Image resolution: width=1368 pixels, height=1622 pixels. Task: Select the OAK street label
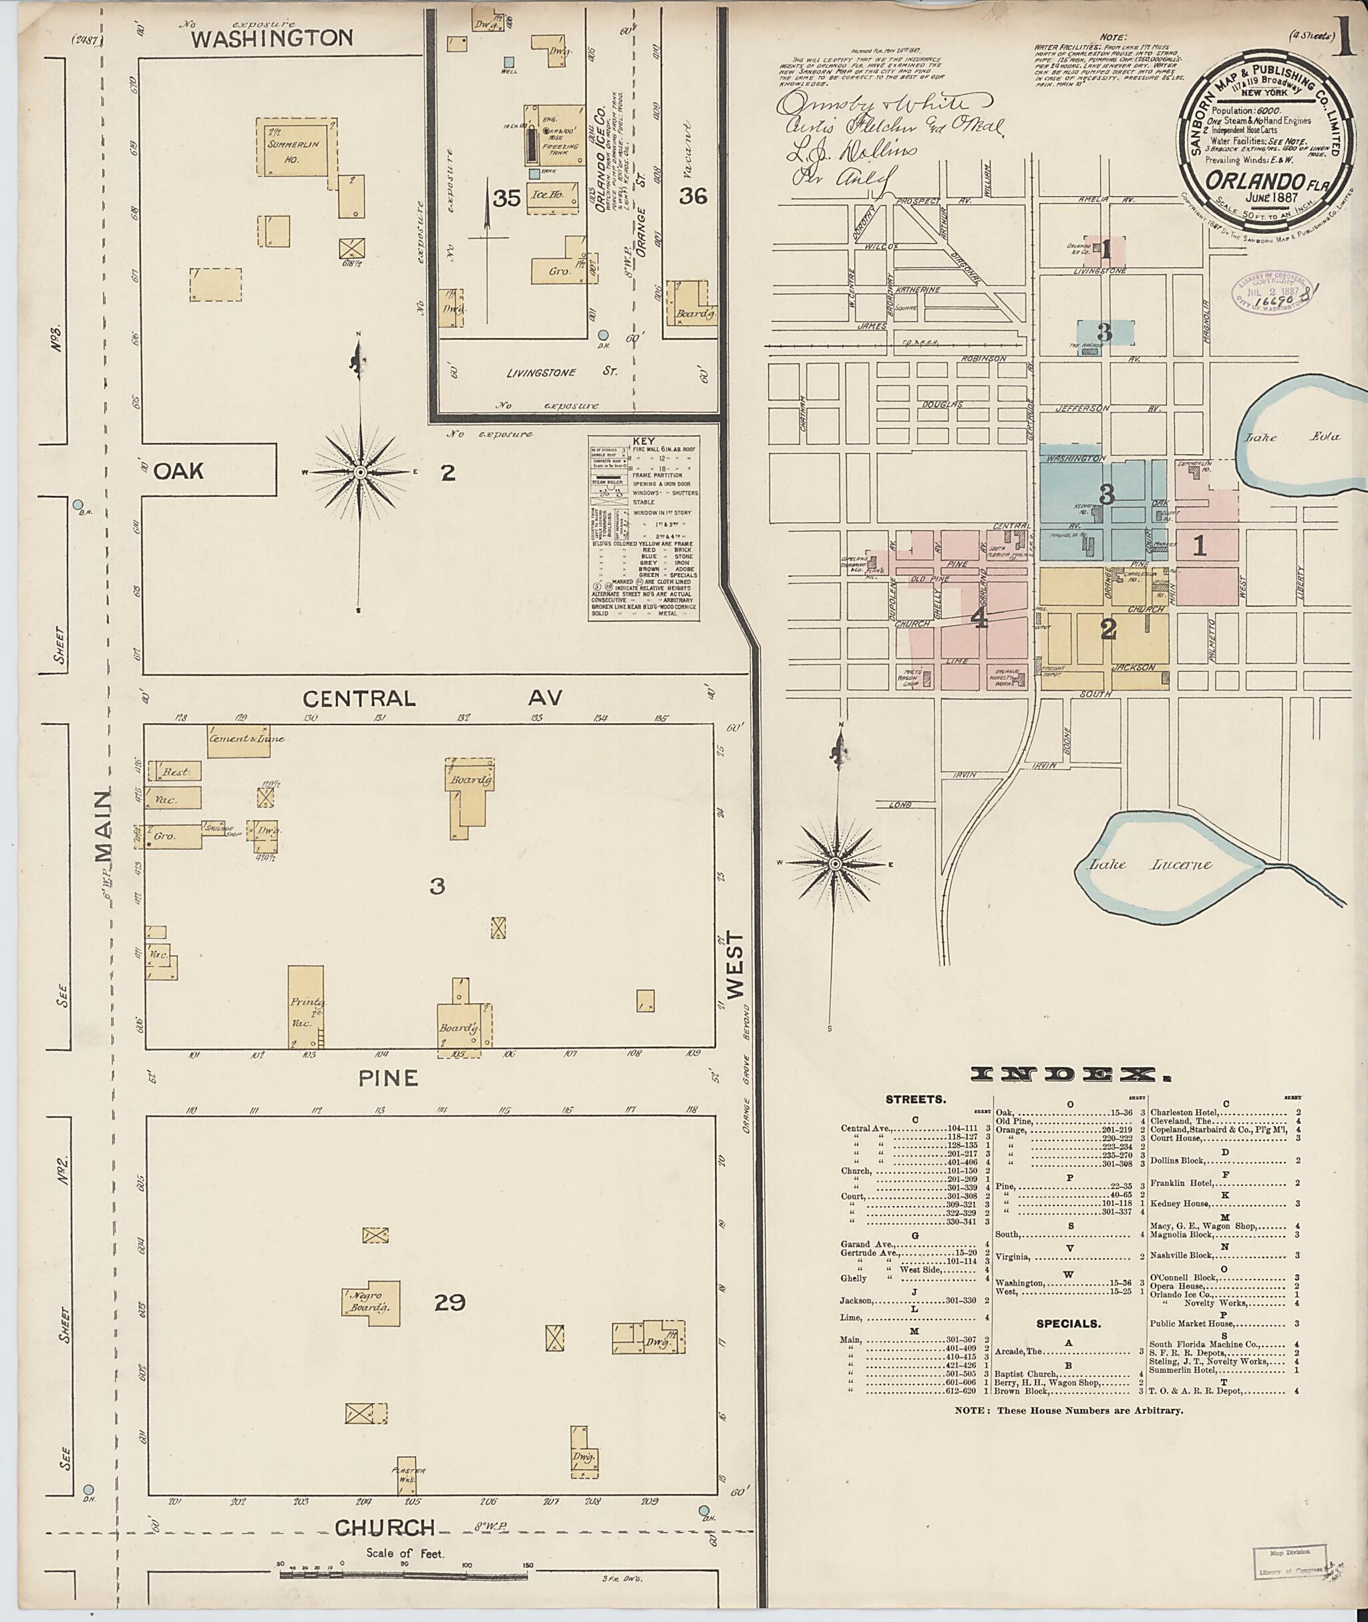(178, 470)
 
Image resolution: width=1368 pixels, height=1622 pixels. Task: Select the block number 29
(450, 1301)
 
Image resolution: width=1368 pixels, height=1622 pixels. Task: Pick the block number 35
(506, 198)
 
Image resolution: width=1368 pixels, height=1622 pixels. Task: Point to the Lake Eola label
(1291, 437)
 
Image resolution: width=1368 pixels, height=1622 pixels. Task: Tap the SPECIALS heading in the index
(1069, 1324)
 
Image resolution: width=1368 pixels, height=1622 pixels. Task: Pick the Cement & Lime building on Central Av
(238, 737)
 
